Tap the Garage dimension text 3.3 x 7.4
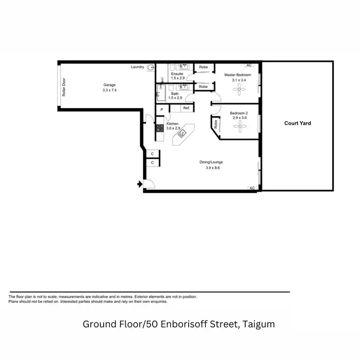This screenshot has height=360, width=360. tap(109, 90)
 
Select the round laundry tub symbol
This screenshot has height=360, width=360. tap(151, 68)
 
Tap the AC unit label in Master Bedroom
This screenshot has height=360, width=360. tap(249, 65)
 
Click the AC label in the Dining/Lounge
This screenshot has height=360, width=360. tap(252, 188)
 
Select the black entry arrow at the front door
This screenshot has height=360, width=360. tap(140, 184)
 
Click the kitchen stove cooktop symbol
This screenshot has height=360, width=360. tap(159, 128)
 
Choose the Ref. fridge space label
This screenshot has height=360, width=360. tap(186, 108)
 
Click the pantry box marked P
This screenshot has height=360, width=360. tap(162, 109)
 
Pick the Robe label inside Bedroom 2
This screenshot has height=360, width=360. tap(216, 125)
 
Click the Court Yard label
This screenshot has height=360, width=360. tap(298, 123)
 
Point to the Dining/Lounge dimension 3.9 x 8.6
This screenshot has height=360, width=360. tap(211, 168)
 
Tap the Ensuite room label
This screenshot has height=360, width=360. tap(177, 74)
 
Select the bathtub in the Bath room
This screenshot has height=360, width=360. tap(161, 94)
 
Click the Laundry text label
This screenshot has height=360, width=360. tap(138, 67)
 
